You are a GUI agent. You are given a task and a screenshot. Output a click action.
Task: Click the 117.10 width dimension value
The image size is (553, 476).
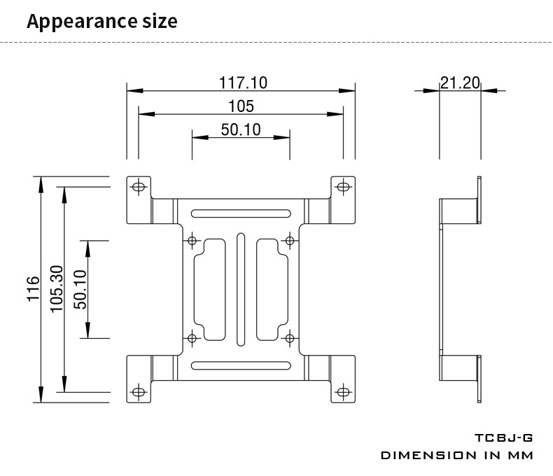[x=243, y=83]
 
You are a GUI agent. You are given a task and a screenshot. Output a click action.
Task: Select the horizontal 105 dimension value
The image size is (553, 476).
[x=241, y=106]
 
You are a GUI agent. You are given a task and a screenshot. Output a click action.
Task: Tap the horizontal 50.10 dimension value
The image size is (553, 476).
[x=241, y=129]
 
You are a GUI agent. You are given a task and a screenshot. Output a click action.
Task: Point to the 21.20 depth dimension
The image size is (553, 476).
[x=460, y=83]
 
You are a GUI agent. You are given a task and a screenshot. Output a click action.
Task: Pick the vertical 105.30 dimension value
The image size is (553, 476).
[x=57, y=289]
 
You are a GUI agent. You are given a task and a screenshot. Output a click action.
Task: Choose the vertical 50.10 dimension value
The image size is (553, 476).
[x=80, y=289]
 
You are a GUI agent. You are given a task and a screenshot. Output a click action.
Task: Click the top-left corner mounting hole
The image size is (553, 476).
[x=139, y=187]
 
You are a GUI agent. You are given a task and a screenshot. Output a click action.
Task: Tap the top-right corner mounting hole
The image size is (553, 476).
[x=342, y=187]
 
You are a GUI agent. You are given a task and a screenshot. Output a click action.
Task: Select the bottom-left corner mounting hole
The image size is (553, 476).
[x=139, y=391]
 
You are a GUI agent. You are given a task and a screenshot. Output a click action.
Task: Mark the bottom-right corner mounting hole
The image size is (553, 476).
[x=342, y=391]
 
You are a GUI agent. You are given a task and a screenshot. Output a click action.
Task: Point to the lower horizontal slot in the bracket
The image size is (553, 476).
[x=241, y=365]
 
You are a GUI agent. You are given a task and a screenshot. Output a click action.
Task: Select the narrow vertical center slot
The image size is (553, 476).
[x=241, y=289]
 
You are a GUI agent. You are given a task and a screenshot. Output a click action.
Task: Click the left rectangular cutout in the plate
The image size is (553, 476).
[x=211, y=289]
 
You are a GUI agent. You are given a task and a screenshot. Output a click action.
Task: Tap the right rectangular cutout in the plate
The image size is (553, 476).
[x=269, y=289]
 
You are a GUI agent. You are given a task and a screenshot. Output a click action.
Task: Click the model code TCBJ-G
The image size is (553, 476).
[x=503, y=438]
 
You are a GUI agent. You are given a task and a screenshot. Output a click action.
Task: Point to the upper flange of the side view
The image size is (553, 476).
[x=479, y=200]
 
